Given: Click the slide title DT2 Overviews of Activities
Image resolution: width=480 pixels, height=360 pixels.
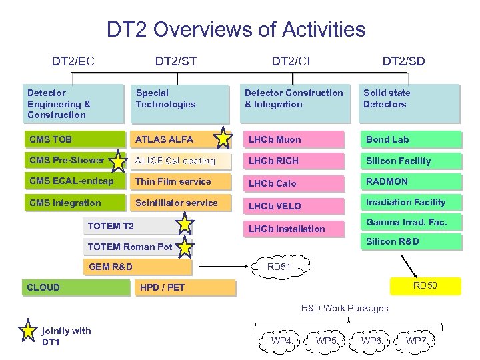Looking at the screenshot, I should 236,29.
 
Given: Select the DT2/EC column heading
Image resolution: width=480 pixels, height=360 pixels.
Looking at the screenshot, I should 73,61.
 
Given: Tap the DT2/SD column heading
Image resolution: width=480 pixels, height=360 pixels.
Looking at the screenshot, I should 403,61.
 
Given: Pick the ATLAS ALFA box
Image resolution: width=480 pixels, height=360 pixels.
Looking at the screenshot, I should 173,139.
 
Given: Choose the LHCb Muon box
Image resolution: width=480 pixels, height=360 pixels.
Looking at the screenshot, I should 293,139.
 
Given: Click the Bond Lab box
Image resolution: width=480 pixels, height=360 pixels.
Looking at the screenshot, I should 410,139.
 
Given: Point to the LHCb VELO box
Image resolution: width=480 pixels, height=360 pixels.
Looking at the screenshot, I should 293,206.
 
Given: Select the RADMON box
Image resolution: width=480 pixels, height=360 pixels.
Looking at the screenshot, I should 410,181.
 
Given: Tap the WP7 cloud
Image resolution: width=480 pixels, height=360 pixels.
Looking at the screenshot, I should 417,341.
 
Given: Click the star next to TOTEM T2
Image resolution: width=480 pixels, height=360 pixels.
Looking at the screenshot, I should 184,225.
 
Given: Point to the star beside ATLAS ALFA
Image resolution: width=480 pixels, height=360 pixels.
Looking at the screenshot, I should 224,139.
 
